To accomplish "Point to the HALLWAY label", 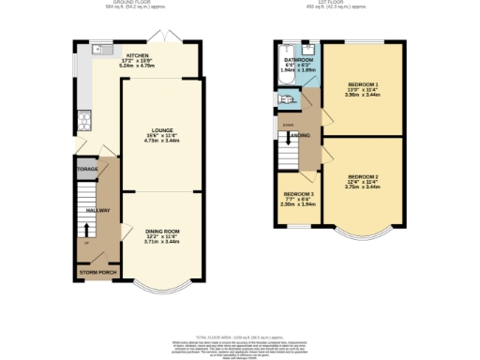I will click(98, 210).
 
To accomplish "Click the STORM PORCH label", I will click(98, 273).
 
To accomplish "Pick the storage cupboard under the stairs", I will click(87, 171).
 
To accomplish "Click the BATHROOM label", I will click(299, 60).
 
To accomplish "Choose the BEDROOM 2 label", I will click(362, 177).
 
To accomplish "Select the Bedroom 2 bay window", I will click(362, 231).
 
